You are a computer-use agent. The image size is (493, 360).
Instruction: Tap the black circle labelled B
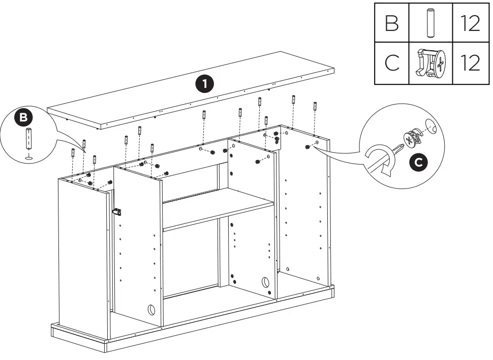click(23, 118)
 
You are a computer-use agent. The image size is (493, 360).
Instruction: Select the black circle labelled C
click(418, 162)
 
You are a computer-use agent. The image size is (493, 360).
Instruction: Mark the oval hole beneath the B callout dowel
click(28, 157)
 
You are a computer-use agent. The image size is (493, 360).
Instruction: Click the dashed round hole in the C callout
click(429, 127)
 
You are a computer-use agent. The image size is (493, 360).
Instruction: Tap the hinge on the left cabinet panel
click(116, 211)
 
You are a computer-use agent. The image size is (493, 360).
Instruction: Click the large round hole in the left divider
click(151, 309)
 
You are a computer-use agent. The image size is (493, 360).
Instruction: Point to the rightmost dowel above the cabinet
click(315, 107)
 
